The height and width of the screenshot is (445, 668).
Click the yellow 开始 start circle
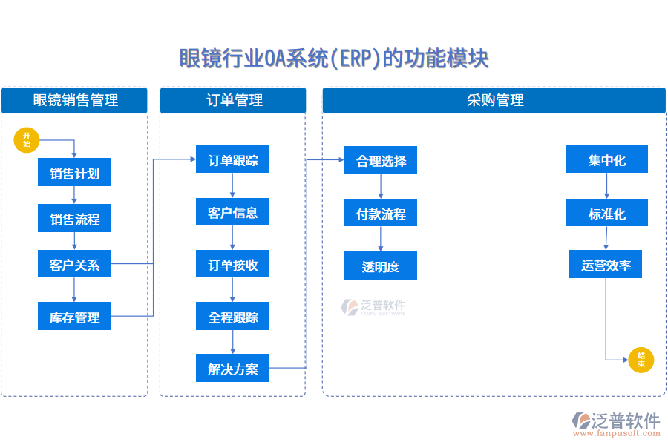27,139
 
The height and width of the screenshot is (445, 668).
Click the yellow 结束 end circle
641,360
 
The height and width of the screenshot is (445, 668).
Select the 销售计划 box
74,174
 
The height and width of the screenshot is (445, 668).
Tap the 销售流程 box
74,219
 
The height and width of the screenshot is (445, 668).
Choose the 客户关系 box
74,264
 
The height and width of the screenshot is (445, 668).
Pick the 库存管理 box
74,317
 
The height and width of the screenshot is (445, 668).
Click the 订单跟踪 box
232,159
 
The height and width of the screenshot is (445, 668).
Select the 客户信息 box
232,212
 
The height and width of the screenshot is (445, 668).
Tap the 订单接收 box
232,264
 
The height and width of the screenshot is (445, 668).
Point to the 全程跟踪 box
232,317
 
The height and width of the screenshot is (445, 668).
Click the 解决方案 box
232,368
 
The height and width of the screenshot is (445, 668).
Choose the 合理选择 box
380,160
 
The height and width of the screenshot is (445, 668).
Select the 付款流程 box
380,213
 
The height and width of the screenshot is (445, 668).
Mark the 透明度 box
380,266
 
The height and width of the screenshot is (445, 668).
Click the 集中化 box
606,159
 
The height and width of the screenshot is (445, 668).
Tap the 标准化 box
606,213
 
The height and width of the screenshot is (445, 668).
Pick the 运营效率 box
606,265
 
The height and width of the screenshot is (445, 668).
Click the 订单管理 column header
233,100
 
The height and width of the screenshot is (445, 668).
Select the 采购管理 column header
494,100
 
